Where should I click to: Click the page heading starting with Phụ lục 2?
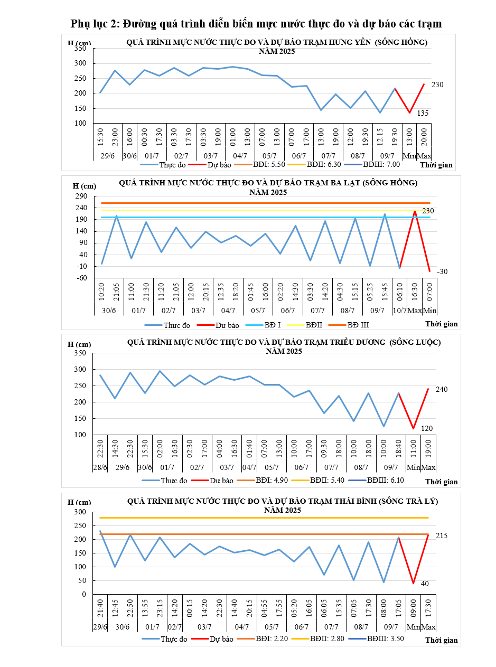(256, 24)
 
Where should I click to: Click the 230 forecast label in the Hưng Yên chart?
(438, 84)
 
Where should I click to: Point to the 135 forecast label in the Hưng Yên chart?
(423, 113)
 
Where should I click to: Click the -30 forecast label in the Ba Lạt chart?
(442, 271)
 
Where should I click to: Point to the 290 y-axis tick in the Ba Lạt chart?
(82, 196)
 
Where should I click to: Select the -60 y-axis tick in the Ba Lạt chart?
(82, 278)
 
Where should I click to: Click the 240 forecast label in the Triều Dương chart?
(442, 389)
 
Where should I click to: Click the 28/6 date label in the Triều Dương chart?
(100, 468)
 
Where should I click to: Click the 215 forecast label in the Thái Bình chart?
(442, 536)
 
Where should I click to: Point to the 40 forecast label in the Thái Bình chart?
(425, 584)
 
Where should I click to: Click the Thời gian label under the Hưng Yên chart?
(436, 165)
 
